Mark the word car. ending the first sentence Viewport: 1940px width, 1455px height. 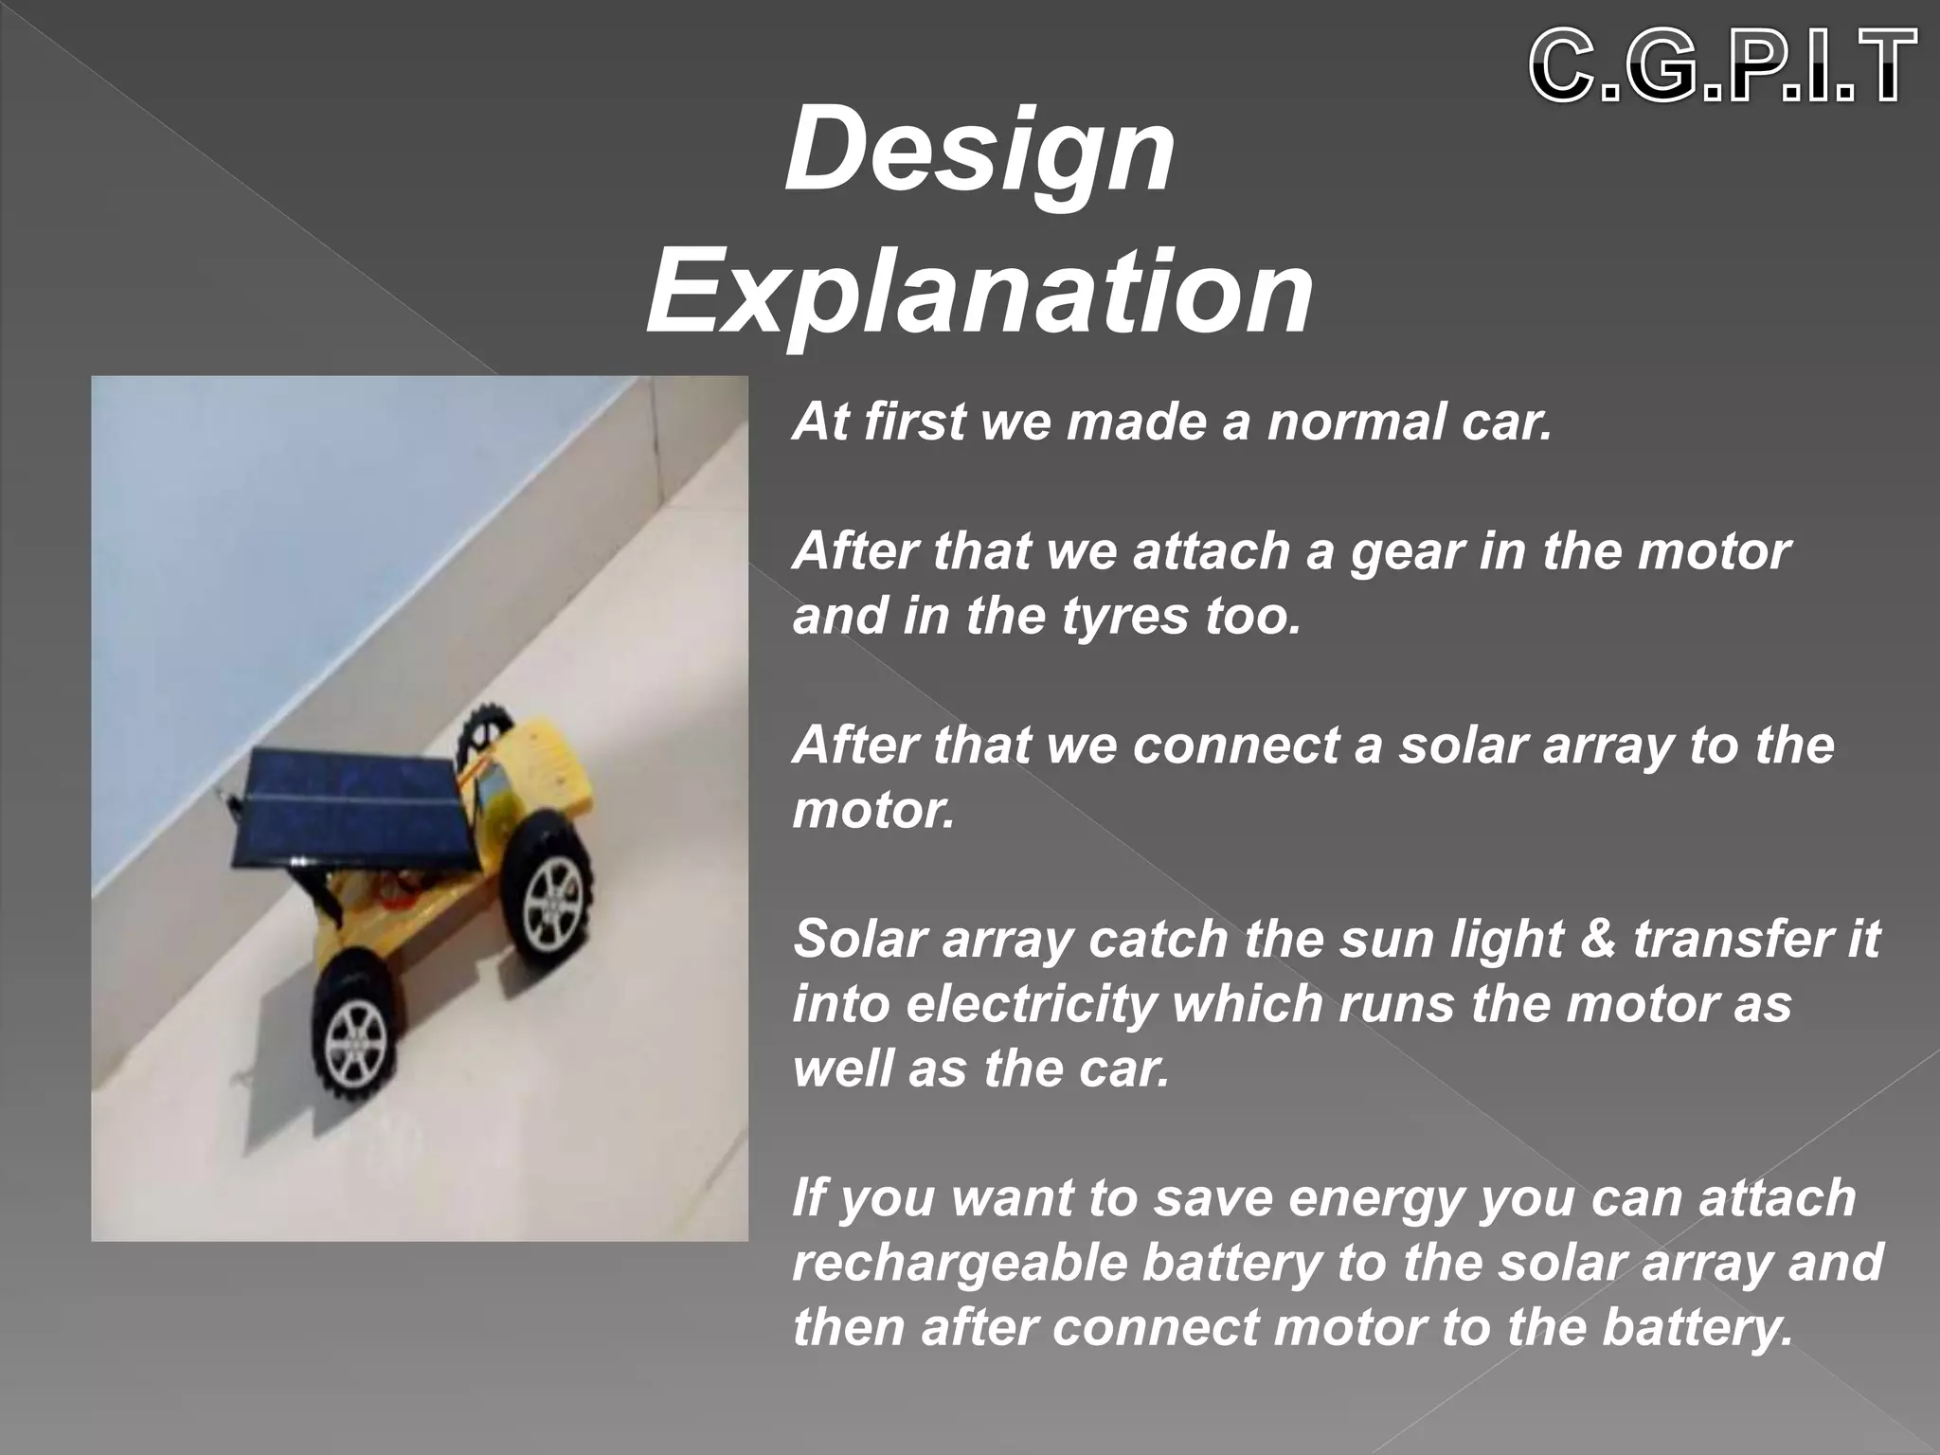point(1506,422)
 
